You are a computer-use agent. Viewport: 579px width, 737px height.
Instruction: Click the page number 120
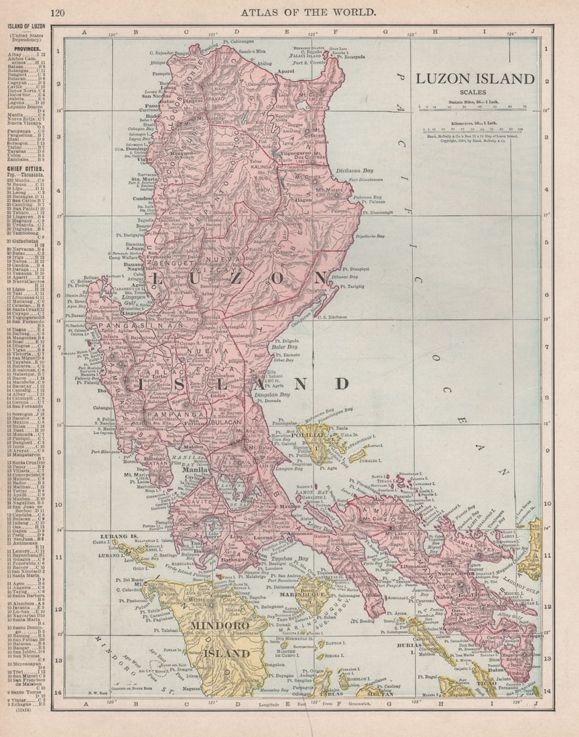click(58, 12)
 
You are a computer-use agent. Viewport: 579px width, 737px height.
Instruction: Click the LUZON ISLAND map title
click(474, 79)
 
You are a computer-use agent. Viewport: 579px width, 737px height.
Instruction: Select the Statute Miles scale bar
click(472, 106)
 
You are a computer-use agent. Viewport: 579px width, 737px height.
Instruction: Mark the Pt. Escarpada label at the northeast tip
click(351, 57)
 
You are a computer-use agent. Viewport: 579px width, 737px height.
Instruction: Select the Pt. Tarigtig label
click(352, 287)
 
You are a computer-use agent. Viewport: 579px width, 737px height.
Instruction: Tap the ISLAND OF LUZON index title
click(26, 26)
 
